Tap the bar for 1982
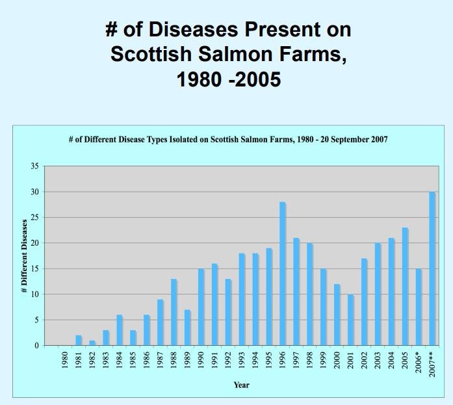pyautogui.click(x=92, y=343)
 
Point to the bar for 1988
pyautogui.click(x=174, y=312)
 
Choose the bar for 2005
pyautogui.click(x=405, y=286)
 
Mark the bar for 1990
pyautogui.click(x=201, y=307)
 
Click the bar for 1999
pyautogui.click(x=323, y=307)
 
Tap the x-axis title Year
pyautogui.click(x=241, y=385)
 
